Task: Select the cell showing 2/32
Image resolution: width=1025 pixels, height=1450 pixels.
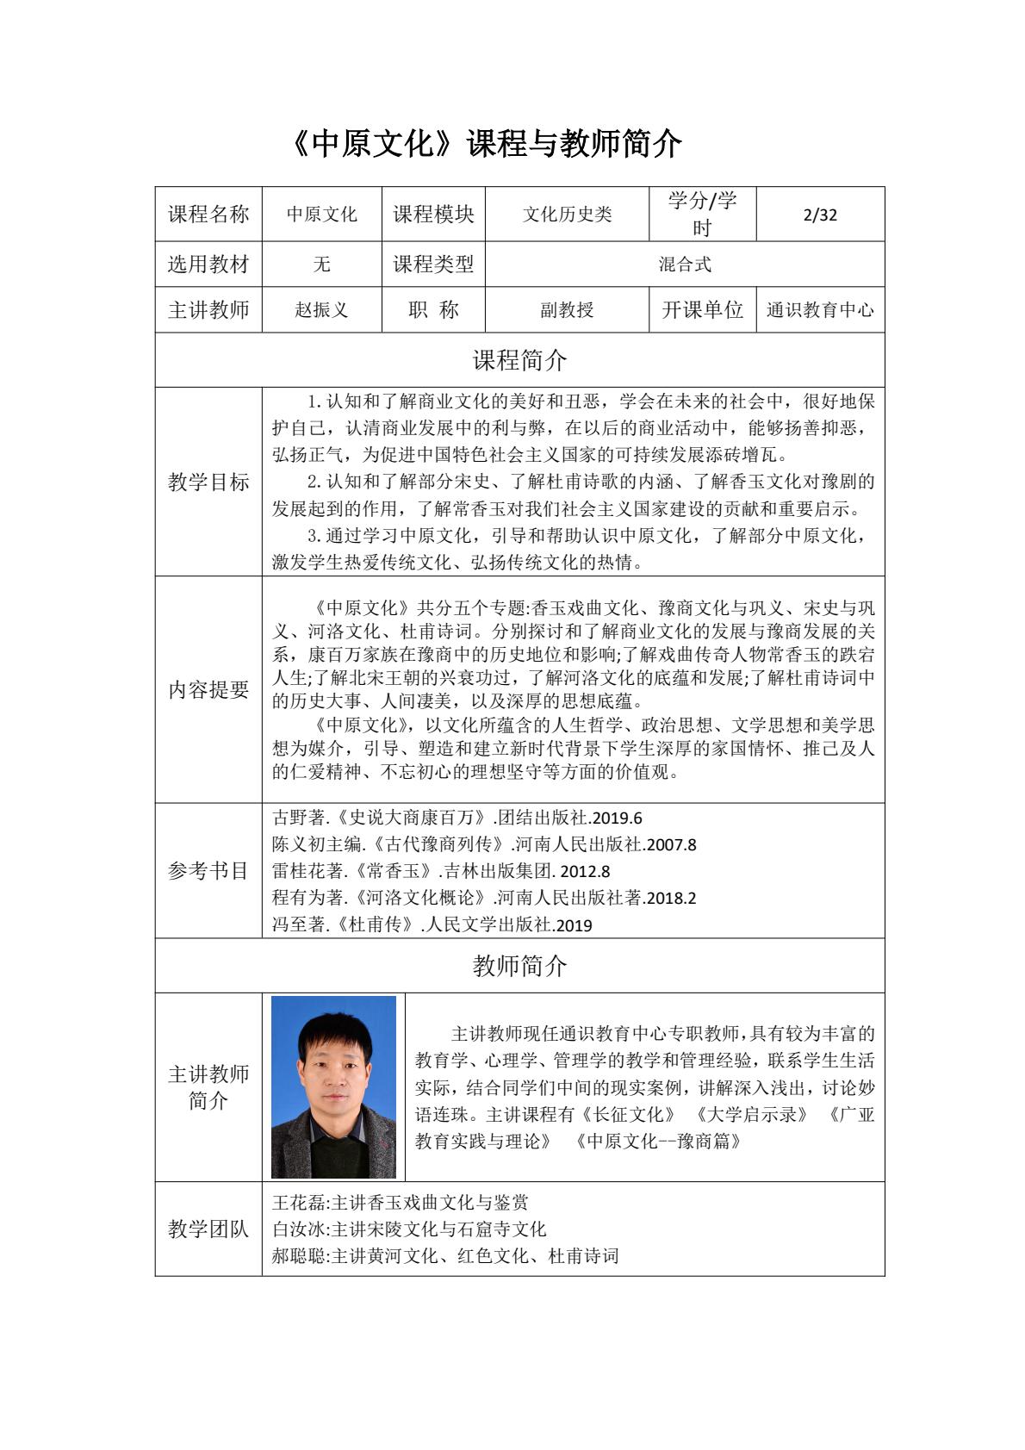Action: [x=819, y=215]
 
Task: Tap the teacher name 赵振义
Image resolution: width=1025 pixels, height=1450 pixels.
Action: [x=321, y=310]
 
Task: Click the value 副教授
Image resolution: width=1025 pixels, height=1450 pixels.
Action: [x=567, y=310]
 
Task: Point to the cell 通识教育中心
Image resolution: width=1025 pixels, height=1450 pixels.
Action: [x=819, y=310]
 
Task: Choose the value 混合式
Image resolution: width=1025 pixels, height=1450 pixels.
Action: [x=685, y=264]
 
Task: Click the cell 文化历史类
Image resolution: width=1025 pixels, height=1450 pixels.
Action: [x=567, y=215]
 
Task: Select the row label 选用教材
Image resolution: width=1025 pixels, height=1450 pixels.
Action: [x=208, y=264]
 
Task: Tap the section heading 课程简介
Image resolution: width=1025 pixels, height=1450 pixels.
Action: [x=519, y=360]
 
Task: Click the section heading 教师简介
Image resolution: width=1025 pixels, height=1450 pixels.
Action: [x=519, y=966]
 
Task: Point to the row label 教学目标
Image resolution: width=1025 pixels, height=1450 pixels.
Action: [x=208, y=482]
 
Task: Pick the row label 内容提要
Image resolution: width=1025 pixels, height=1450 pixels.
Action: [x=208, y=689]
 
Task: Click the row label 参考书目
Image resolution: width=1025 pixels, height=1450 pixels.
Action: [x=208, y=870]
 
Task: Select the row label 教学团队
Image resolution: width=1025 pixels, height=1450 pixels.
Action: [x=208, y=1229]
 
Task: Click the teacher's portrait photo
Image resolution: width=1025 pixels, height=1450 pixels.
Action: [x=333, y=1087]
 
